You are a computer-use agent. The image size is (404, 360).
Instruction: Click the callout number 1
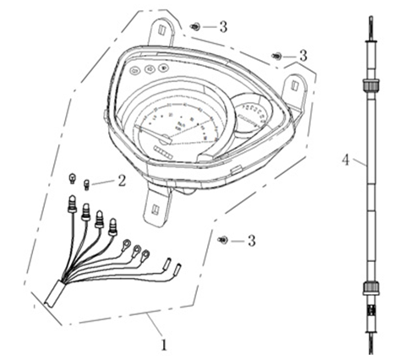tap(164, 344)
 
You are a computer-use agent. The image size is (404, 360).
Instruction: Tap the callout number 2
tap(122, 180)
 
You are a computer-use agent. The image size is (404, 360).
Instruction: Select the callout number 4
tap(345, 160)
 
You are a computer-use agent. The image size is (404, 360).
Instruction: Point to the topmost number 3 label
tap(223, 27)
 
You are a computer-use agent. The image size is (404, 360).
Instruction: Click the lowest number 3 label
tap(251, 241)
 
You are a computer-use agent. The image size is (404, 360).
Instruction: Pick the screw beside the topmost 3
tap(195, 27)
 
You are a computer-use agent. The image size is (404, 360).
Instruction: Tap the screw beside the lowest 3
tap(221, 241)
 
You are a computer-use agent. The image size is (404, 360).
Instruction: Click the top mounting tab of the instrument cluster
tap(164, 30)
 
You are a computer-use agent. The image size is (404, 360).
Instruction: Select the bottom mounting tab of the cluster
tap(158, 205)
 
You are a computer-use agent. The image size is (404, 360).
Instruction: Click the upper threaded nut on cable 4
tap(368, 85)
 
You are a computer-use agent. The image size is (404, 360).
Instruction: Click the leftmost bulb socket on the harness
tap(72, 205)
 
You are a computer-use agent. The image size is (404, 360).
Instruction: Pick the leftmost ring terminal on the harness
tap(127, 247)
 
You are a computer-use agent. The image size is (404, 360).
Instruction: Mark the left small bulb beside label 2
tap(74, 178)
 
